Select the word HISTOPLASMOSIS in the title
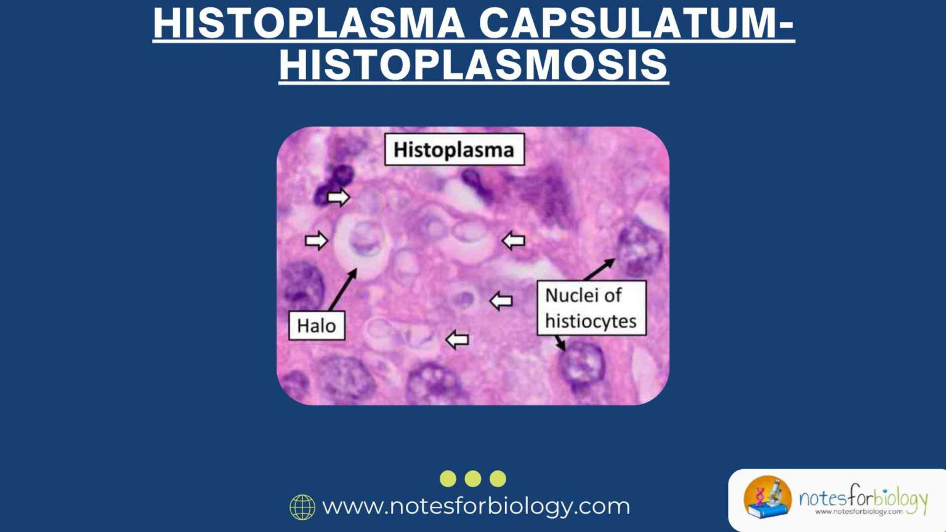473,65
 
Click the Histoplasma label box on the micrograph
454,150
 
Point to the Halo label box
317,325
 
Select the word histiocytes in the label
591,321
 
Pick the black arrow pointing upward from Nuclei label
599,269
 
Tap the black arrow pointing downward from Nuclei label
559,343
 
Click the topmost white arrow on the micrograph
338,198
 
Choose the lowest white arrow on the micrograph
457,339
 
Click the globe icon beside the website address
302,507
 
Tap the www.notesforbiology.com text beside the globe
476,506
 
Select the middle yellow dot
473,478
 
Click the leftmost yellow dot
448,478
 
